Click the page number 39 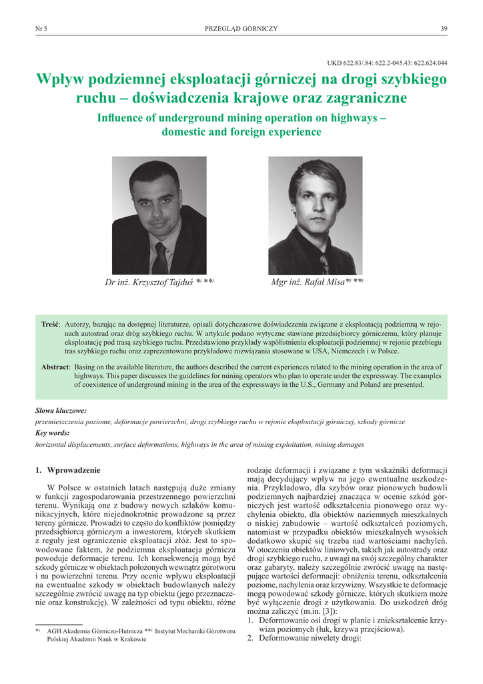[444, 28]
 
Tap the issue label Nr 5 [41, 28]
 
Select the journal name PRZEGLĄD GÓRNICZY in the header [241, 28]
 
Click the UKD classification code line [387, 63]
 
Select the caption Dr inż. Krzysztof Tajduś [159, 282]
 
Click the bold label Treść [51, 324]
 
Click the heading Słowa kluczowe [61, 411]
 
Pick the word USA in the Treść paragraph [344, 349]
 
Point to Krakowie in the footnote [133, 639]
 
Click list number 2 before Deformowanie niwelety [250, 637]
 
